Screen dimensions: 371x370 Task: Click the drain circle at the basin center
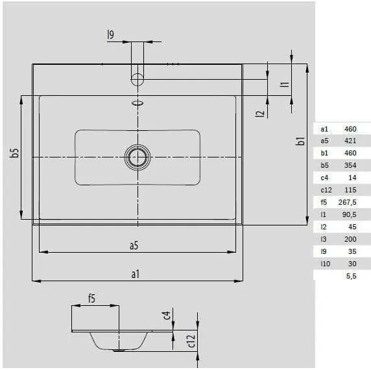[138, 145]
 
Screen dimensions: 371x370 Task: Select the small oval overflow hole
[138, 103]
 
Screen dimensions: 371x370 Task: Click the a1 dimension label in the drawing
[136, 274]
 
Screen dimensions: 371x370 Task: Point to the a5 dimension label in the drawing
[134, 246]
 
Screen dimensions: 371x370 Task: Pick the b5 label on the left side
[15, 152]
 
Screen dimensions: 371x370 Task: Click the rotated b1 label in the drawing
[300, 141]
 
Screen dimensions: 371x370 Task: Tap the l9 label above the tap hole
[110, 34]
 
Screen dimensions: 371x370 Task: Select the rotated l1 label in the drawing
[284, 84]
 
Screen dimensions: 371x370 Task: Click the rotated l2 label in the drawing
[260, 113]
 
